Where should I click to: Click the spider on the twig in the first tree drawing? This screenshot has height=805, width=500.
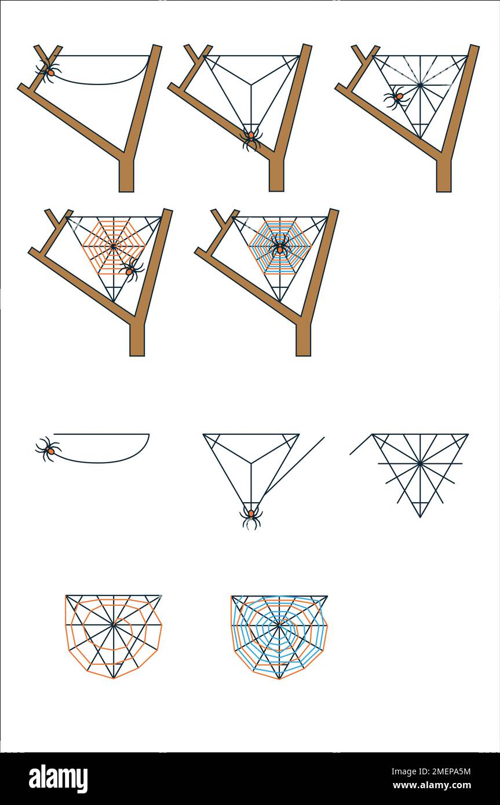(x=49, y=71)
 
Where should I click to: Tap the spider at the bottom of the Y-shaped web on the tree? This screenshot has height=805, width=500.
(x=251, y=138)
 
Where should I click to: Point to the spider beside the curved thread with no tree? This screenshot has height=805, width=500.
(x=49, y=449)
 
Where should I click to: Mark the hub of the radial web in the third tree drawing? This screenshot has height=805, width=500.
(x=420, y=85)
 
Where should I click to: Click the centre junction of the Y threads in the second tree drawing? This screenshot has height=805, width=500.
(x=251, y=85)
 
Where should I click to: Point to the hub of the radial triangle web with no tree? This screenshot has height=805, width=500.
(x=420, y=464)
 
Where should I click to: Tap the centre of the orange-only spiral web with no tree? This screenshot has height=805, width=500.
(x=114, y=625)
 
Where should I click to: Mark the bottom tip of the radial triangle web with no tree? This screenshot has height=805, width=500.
(x=420, y=517)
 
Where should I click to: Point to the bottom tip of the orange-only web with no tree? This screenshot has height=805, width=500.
(x=114, y=679)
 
